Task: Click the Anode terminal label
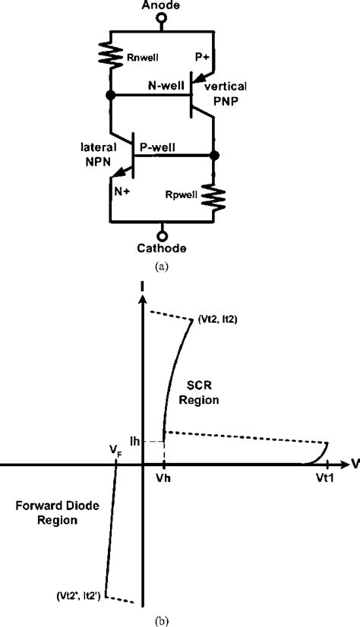(161, 6)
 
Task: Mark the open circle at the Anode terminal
(161, 20)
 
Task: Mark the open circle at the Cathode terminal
(161, 234)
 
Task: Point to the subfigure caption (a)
(161, 266)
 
